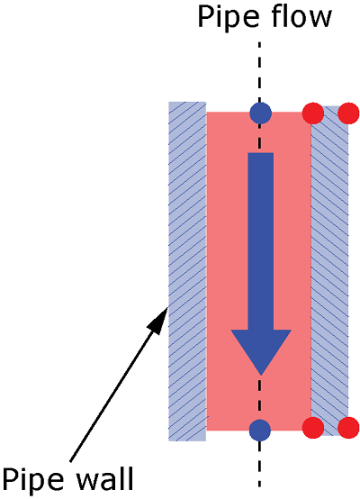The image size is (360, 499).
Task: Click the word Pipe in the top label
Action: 228,18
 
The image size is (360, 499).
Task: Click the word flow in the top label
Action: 301,16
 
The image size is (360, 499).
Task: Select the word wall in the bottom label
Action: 105,478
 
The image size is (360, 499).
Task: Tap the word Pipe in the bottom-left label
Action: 32,481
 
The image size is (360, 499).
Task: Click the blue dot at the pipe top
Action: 260,113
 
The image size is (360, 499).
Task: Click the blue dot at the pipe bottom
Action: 260,431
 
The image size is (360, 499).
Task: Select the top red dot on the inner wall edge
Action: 313,113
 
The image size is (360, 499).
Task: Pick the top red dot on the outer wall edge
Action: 348,113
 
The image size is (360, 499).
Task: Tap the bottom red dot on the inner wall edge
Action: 313,428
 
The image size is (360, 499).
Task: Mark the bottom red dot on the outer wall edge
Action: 348,428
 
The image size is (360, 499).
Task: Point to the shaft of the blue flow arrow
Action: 261,241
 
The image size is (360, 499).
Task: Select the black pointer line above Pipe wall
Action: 119,384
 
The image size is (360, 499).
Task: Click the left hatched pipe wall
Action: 187,271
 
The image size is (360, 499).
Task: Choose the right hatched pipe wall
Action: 329,270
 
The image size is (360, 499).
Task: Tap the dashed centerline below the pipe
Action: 260,464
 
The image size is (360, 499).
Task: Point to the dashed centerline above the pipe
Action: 260,71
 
